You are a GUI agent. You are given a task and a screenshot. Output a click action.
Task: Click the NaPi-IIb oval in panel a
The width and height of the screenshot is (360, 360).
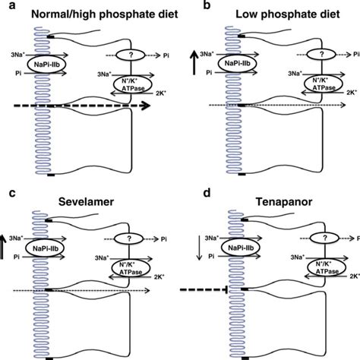pyautogui.click(x=49, y=65)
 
